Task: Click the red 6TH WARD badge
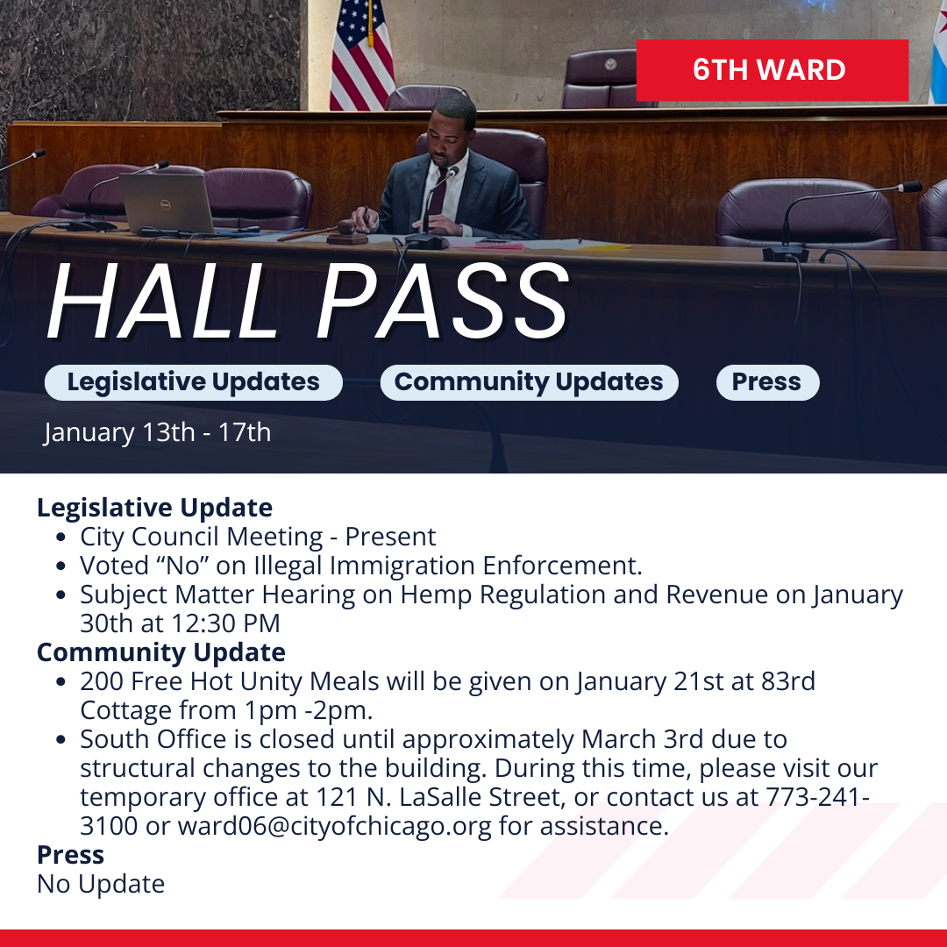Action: tap(773, 70)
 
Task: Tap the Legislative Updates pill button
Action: tap(193, 382)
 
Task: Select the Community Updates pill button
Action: tap(529, 382)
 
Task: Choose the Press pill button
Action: tap(767, 382)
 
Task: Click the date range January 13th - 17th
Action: tap(158, 432)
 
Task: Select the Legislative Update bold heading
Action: tap(154, 508)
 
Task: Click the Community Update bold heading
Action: tap(161, 652)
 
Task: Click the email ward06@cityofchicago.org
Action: tap(335, 826)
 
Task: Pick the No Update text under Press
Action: tap(101, 884)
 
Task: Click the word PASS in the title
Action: tap(442, 302)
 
